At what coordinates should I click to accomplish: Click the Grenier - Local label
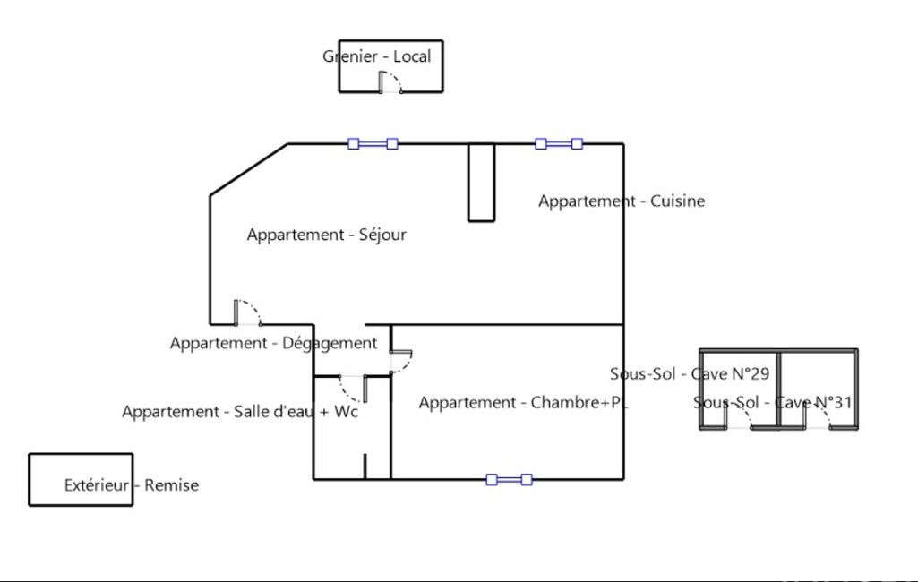tap(376, 56)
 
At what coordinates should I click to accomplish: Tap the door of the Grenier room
tap(390, 82)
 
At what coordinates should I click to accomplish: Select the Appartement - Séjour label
tap(326, 235)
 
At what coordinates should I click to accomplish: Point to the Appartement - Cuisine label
tap(622, 201)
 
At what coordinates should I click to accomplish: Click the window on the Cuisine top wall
tap(559, 143)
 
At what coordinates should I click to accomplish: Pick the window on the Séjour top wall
tap(373, 143)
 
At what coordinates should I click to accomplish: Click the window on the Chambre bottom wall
tap(509, 480)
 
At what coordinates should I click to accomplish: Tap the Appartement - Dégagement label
tap(273, 343)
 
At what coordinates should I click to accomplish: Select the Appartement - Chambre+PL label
tap(523, 403)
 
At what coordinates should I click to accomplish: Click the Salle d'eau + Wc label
tap(296, 412)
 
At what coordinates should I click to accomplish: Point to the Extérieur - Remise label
tap(131, 484)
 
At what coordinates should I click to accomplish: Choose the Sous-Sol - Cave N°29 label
tap(690, 373)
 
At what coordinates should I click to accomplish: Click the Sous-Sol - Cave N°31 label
tap(773, 402)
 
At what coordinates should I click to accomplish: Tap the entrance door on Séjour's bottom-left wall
tap(248, 312)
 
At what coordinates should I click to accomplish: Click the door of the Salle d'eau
tap(353, 389)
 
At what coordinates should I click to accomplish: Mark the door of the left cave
tap(738, 416)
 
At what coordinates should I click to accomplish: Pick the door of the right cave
tap(817, 416)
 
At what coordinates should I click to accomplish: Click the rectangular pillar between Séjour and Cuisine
tap(481, 183)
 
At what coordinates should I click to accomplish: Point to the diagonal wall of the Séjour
tap(249, 169)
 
